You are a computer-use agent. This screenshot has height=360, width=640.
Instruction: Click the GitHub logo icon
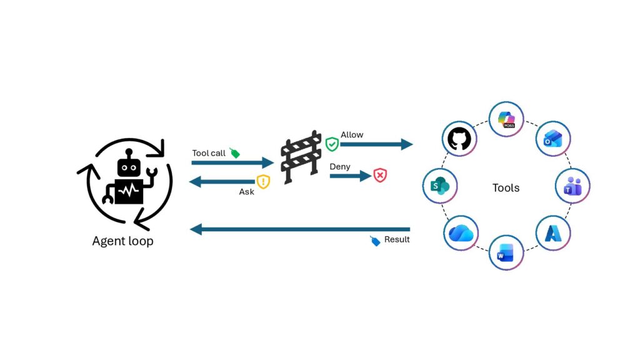pyautogui.click(x=459, y=139)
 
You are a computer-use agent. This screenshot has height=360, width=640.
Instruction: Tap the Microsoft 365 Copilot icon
pyautogui.click(x=506, y=119)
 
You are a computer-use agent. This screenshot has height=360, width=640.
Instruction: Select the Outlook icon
pyautogui.click(x=552, y=139)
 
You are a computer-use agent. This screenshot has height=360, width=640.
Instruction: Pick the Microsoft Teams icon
pyautogui.click(x=572, y=186)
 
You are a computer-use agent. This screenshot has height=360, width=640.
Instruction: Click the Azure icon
pyautogui.click(x=553, y=234)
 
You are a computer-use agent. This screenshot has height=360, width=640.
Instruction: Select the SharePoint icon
pyautogui.click(x=439, y=186)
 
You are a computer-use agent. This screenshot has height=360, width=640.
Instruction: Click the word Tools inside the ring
pyautogui.click(x=506, y=187)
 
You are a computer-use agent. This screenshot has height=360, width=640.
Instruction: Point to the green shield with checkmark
pyautogui.click(x=332, y=144)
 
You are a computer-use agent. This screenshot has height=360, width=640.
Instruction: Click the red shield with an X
pyautogui.click(x=380, y=176)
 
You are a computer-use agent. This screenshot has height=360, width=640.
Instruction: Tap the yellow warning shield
pyautogui.click(x=263, y=181)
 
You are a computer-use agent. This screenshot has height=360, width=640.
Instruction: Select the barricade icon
pyautogui.click(x=301, y=157)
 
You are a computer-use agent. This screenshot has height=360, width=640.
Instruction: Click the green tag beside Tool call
pyautogui.click(x=234, y=153)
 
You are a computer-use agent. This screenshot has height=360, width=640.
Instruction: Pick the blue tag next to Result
pyautogui.click(x=375, y=241)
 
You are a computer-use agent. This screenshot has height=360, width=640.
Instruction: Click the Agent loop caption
pyautogui.click(x=123, y=241)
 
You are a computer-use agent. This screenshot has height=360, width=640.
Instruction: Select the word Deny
pyautogui.click(x=339, y=166)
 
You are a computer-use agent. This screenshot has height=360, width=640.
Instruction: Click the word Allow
pyautogui.click(x=352, y=135)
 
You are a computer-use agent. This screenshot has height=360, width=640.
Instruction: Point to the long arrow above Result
pyautogui.click(x=300, y=229)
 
